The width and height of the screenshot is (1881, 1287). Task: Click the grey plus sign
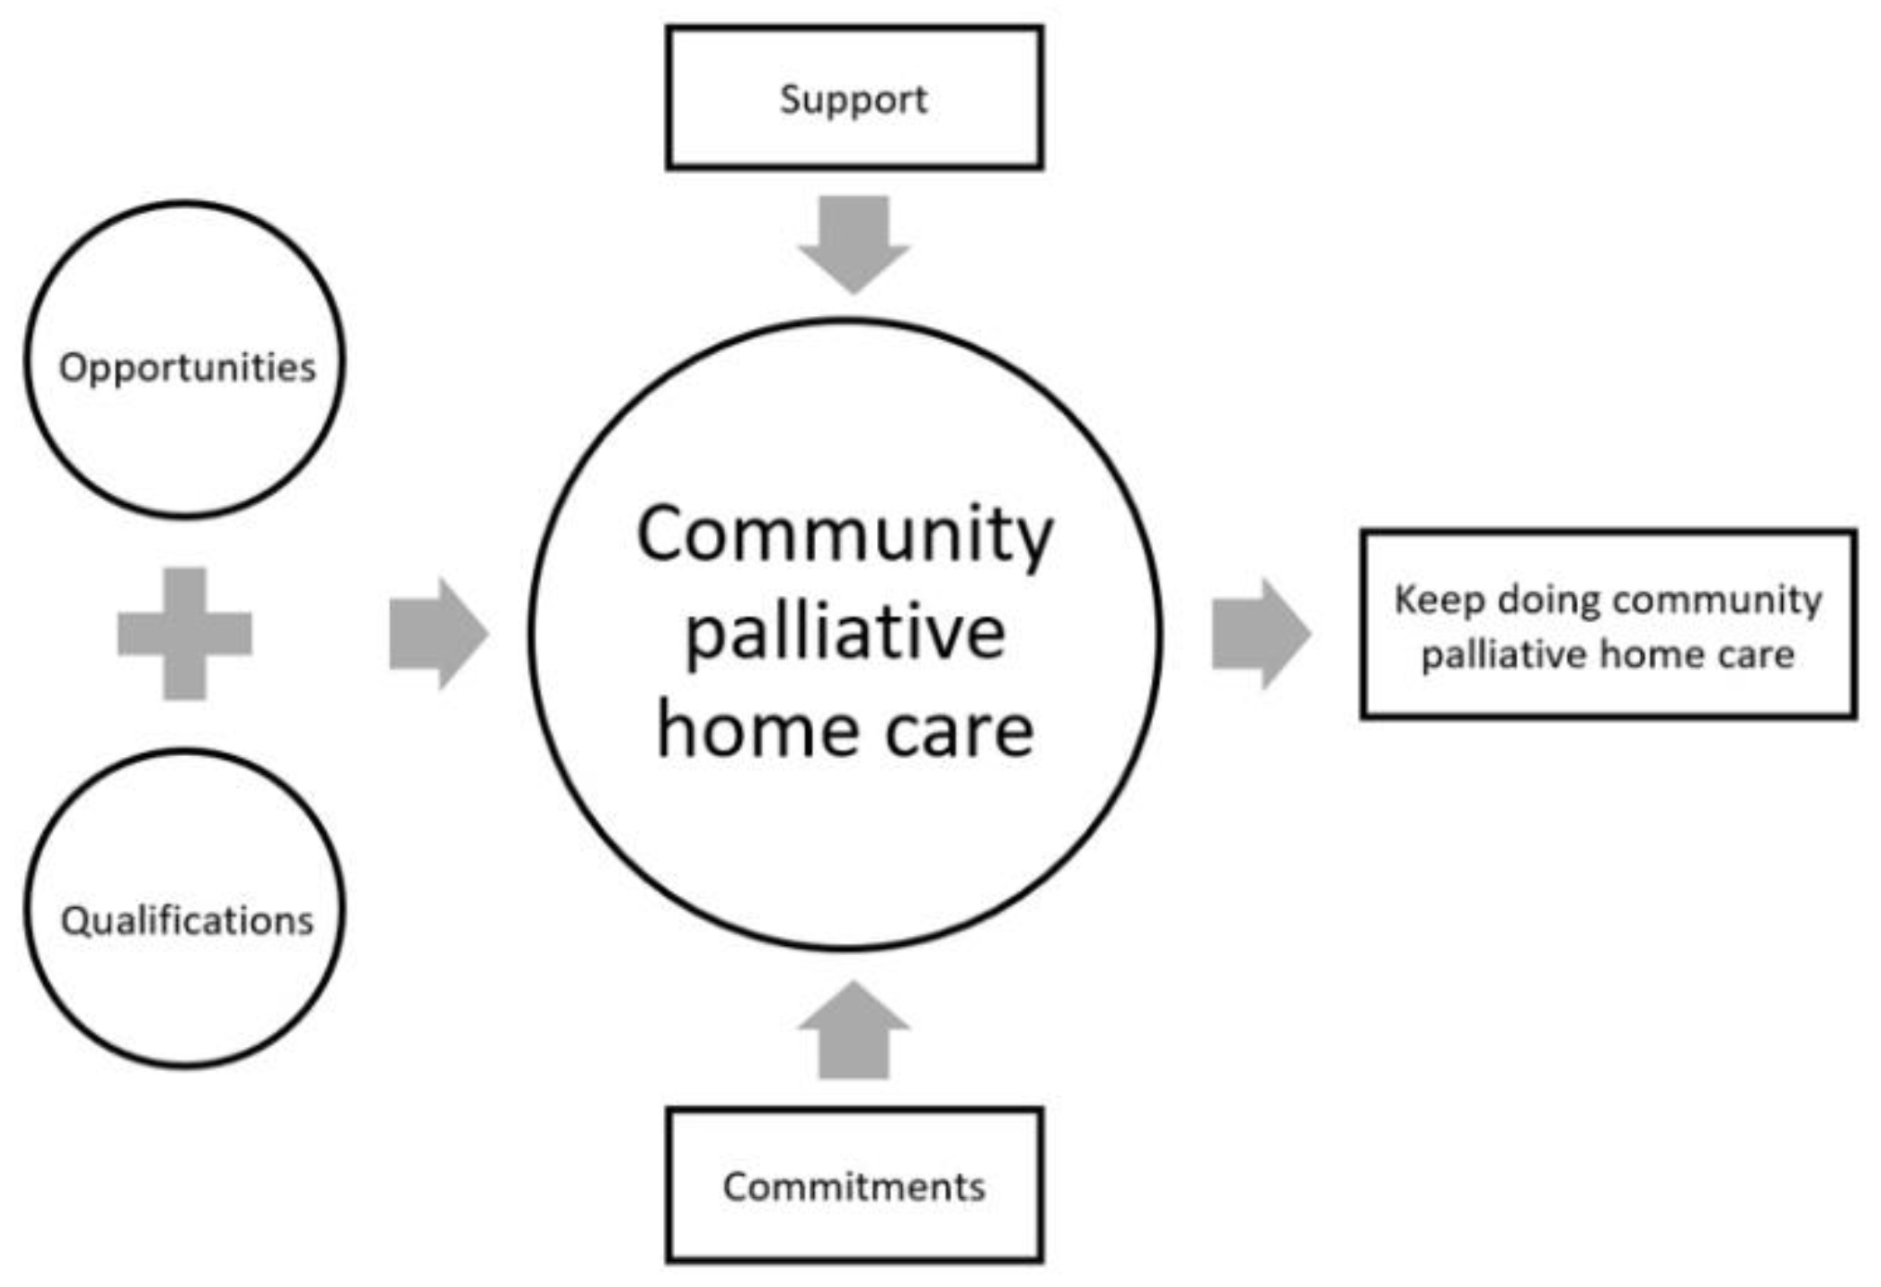pyautogui.click(x=184, y=634)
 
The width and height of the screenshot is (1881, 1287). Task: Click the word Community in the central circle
pyautogui.click(x=845, y=536)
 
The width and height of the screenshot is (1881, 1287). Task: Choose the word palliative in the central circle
pyautogui.click(x=845, y=634)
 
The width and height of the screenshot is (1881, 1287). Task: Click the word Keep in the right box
pyautogui.click(x=1439, y=600)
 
